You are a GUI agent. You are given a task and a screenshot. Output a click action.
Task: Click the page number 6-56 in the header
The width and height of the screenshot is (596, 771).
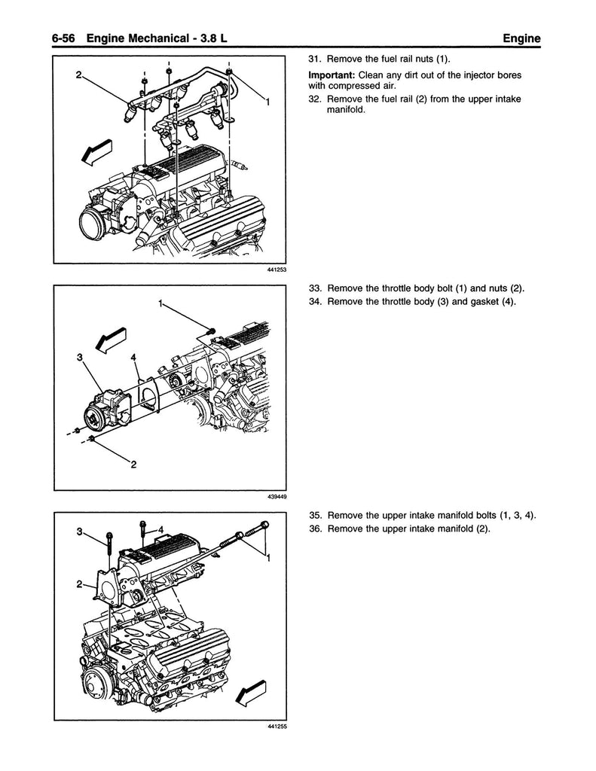(x=63, y=38)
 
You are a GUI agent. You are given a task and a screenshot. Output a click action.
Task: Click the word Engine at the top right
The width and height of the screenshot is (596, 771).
(x=521, y=39)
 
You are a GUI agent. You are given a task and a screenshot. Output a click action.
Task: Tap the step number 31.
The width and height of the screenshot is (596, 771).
(x=315, y=59)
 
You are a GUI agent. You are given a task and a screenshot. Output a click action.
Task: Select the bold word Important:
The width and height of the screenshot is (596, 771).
(x=332, y=75)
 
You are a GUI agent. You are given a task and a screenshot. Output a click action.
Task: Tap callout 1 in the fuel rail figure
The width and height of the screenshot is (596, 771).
(x=267, y=102)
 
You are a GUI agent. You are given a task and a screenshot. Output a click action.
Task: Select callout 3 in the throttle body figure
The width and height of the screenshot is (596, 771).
(x=79, y=358)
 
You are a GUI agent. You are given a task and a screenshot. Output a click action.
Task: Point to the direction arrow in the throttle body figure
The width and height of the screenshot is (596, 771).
(x=112, y=340)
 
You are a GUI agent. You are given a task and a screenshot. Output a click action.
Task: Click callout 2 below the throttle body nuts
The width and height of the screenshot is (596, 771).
(x=133, y=464)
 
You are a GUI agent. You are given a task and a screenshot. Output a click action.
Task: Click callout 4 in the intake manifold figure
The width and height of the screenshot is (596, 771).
(x=160, y=529)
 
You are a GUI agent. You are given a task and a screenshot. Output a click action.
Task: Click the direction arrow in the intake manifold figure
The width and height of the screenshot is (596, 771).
(x=251, y=693)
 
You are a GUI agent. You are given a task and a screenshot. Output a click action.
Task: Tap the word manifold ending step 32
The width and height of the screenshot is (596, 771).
(x=347, y=110)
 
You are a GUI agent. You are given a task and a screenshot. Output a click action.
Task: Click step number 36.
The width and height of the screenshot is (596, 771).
(x=316, y=529)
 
